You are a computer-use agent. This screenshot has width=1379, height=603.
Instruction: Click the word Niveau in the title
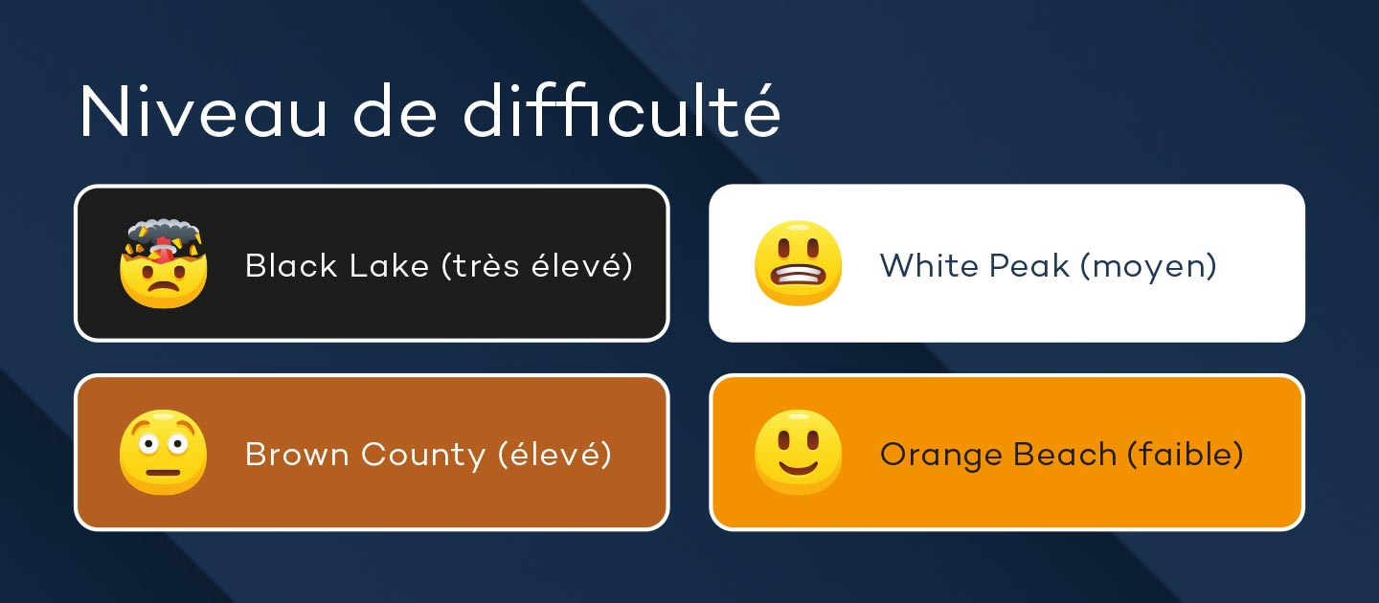pyautogui.click(x=203, y=112)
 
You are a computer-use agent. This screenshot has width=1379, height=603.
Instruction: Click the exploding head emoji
pyautogui.click(x=163, y=262)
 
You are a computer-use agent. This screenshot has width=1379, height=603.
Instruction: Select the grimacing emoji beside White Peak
pyautogui.click(x=798, y=262)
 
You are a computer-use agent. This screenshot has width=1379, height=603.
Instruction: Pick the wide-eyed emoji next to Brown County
pyautogui.click(x=163, y=452)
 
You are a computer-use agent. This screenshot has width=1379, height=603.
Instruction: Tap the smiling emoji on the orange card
pyautogui.click(x=798, y=452)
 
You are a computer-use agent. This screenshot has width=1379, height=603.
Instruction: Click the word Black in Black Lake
pyautogui.click(x=291, y=266)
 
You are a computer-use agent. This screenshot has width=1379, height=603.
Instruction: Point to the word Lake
pyautogui.click(x=389, y=266)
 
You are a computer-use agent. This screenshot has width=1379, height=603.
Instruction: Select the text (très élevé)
pyautogui.click(x=537, y=266)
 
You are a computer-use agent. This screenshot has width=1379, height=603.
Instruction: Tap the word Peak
pyautogui.click(x=1029, y=266)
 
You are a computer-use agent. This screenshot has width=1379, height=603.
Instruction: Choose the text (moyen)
pyautogui.click(x=1149, y=267)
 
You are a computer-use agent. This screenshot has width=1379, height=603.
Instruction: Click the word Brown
pyautogui.click(x=297, y=455)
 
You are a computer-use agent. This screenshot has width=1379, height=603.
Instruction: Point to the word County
pyautogui.click(x=423, y=456)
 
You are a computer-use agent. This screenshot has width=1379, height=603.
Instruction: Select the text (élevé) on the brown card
pyautogui.click(x=554, y=455)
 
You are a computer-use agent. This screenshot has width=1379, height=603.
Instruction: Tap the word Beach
pyautogui.click(x=1065, y=455)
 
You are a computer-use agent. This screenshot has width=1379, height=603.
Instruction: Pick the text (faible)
pyautogui.click(x=1186, y=455)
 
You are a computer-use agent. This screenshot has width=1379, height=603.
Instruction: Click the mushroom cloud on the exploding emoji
pyautogui.click(x=164, y=233)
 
